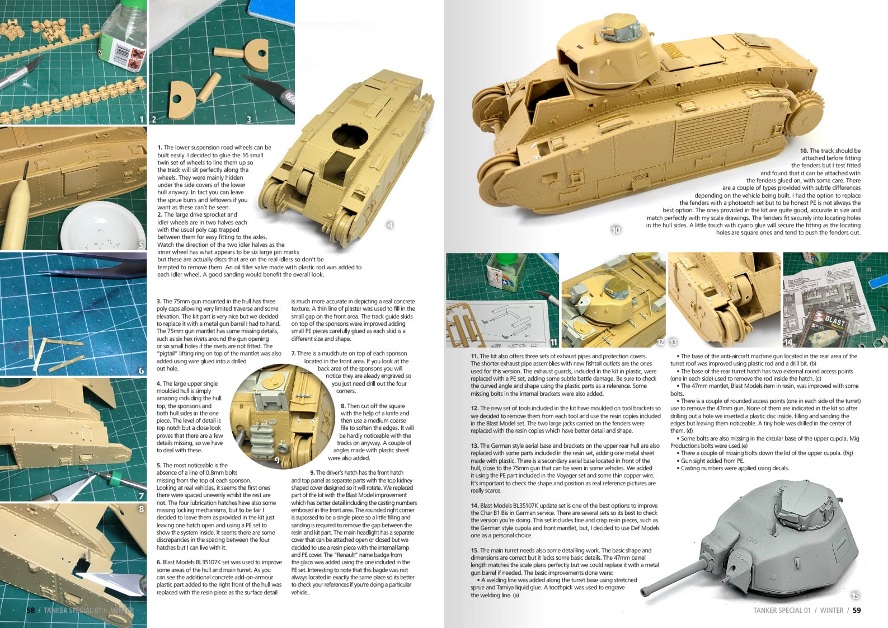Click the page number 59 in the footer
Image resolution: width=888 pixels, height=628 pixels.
(857, 611)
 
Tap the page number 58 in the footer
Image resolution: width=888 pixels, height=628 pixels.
(31, 611)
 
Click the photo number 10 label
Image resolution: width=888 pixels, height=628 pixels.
(616, 230)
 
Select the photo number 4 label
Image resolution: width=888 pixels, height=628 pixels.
(390, 225)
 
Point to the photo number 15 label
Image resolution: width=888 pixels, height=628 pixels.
(855, 596)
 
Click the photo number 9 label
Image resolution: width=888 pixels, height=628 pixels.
(276, 460)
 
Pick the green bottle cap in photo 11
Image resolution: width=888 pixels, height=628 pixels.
(507, 259)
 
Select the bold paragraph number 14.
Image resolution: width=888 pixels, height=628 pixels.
(474, 505)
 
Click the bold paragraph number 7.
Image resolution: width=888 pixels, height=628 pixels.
(293, 354)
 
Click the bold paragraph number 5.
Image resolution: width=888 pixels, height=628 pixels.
(159, 466)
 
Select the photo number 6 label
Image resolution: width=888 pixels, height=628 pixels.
(141, 371)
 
